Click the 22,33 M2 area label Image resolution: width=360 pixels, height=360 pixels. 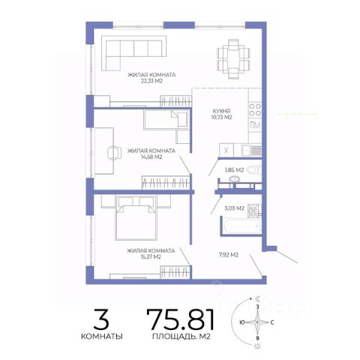(x=151, y=81)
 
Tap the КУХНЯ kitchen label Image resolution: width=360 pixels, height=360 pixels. (x=221, y=111)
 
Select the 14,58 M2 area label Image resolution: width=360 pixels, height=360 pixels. (x=151, y=157)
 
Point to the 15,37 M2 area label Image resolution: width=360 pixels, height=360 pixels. (x=151, y=256)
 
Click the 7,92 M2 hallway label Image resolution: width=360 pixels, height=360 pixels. (x=229, y=255)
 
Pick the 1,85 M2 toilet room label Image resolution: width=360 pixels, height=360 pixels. (x=234, y=170)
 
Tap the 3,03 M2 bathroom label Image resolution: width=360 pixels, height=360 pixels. (x=234, y=208)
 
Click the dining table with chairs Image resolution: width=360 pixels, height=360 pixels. (x=233, y=59)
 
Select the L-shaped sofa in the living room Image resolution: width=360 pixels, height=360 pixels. (x=134, y=53)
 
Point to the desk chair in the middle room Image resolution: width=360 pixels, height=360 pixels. (x=114, y=152)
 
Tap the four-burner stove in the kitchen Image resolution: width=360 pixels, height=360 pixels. (x=255, y=110)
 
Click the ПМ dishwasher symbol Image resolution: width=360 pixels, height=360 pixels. (x=255, y=125)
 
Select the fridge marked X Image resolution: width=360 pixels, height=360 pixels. (x=226, y=151)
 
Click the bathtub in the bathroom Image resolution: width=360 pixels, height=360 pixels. (x=241, y=226)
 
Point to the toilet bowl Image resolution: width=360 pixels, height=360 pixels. (x=253, y=170)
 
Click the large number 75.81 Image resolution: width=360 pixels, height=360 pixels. (x=181, y=319)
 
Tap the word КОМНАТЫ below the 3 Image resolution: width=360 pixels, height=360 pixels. (x=102, y=336)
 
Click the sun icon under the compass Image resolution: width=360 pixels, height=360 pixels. (x=256, y=346)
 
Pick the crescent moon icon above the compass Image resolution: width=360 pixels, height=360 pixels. (x=257, y=298)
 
